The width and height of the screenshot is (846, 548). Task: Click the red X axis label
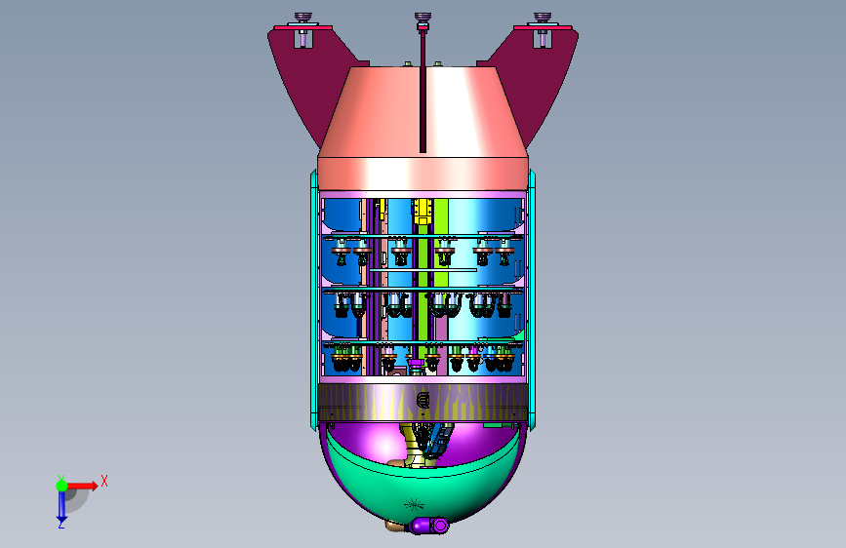tap(104, 481)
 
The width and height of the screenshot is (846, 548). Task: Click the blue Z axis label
tap(61, 524)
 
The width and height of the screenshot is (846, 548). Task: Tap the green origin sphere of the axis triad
tap(62, 486)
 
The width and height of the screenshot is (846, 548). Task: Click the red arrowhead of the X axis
tap(94, 486)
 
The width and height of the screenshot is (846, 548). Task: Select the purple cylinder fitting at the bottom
tap(429, 526)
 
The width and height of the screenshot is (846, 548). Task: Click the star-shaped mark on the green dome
tap(414, 505)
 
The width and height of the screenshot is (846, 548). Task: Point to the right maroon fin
tap(533, 81)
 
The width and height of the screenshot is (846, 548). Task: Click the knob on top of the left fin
tap(303, 18)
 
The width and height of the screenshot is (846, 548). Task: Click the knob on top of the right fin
tap(543, 18)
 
